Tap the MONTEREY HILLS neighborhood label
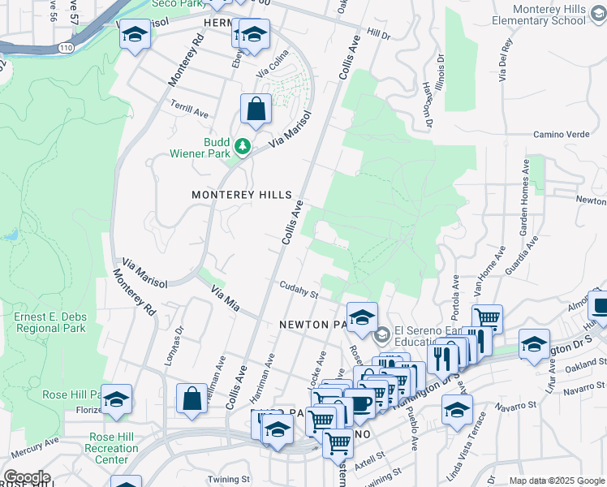pyautogui.click(x=242, y=196)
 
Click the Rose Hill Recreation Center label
pyautogui.click(x=112, y=448)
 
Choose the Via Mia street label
pyautogui.click(x=226, y=299)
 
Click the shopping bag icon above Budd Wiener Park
pyautogui.click(x=256, y=109)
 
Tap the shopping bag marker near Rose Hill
pyautogui.click(x=192, y=399)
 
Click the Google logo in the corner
pyautogui.click(x=27, y=477)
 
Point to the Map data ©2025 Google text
pyautogui.click(x=556, y=481)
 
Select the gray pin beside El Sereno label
pyautogui.click(x=382, y=334)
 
